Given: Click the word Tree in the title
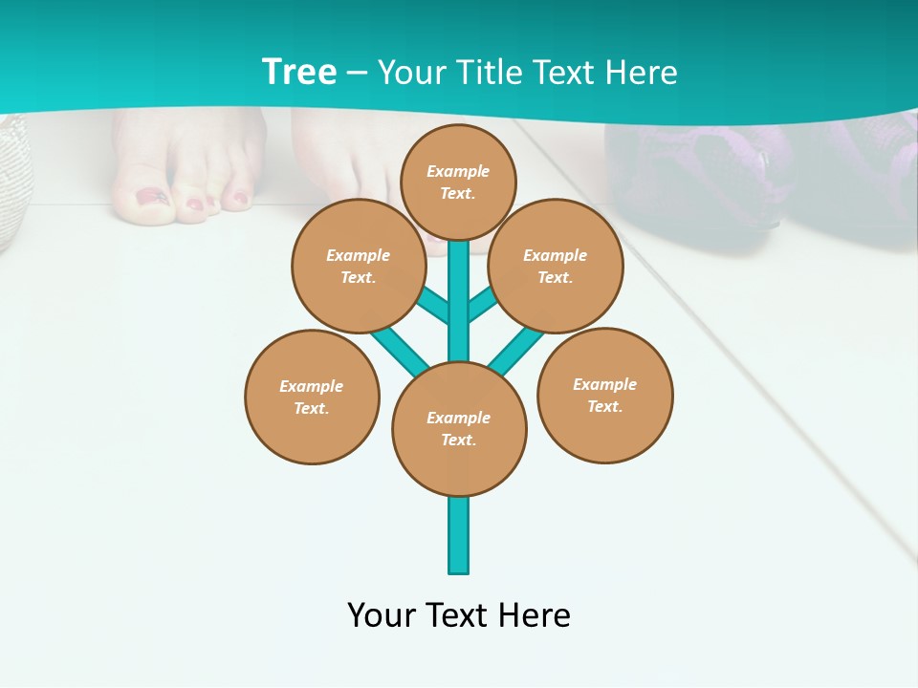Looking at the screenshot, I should [299, 73].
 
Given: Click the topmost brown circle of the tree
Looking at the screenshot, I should [458, 182].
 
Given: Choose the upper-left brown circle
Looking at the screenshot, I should [359, 267].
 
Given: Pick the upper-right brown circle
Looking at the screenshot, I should [556, 267].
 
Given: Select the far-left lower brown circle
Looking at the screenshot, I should [312, 398].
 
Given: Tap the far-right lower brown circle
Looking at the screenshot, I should [605, 396].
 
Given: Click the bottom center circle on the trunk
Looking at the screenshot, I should [459, 429].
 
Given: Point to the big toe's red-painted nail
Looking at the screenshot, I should [150, 197].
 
